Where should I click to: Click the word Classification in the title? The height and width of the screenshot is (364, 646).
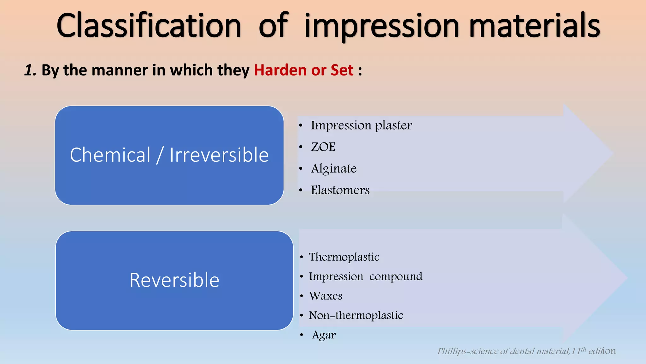click(x=149, y=26)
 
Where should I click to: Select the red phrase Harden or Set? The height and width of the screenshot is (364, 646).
click(x=303, y=70)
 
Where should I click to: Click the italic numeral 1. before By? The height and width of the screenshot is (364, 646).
click(x=30, y=70)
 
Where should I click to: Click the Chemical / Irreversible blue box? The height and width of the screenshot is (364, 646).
click(x=169, y=155)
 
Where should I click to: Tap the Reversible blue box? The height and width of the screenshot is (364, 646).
click(x=174, y=280)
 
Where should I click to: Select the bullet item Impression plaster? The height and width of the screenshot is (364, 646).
click(x=361, y=125)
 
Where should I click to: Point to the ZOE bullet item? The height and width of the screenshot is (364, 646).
click(x=323, y=147)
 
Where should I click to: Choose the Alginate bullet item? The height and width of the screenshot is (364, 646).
click(x=334, y=168)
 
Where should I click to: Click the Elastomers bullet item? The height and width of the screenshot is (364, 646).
click(x=340, y=190)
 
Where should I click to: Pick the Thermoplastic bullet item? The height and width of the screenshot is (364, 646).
click(x=344, y=257)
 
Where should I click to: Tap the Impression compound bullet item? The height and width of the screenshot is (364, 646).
click(x=365, y=276)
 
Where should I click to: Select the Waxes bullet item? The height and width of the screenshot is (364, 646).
click(x=326, y=296)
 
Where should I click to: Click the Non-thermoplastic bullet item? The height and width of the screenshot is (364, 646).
click(x=356, y=315)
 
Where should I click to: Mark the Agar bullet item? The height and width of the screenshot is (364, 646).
click(x=324, y=335)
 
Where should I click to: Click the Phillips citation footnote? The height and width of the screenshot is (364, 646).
click(x=526, y=351)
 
